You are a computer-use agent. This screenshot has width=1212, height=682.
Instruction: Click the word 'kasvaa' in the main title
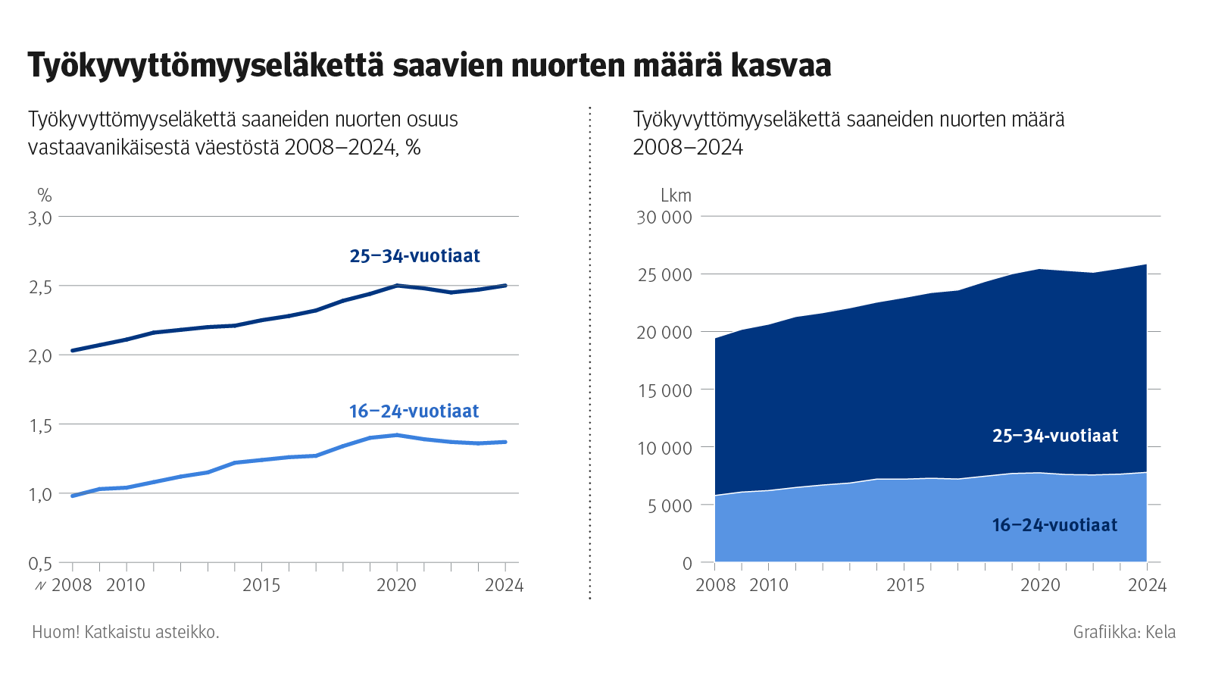pos(781,66)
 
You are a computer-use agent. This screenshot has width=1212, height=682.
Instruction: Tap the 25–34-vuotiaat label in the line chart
pos(414,256)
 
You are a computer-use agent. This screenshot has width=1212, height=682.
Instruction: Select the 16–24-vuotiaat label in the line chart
pos(414,411)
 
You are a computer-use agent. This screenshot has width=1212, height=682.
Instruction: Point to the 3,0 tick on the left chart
pos(40,218)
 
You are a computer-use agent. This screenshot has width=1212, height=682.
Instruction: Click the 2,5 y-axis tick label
pos(40,287)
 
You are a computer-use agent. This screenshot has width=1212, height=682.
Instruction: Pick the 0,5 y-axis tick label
pos(40,564)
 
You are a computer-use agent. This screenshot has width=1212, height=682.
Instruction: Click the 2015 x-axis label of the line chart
pos(261,585)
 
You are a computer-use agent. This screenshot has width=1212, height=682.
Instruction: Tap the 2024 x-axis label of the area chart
pos(1147,585)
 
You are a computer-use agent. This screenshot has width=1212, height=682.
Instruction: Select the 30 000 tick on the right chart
pos(664,217)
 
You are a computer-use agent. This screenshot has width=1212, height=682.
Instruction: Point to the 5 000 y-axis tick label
pos(670,506)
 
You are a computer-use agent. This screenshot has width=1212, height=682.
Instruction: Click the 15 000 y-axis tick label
pos(664,391)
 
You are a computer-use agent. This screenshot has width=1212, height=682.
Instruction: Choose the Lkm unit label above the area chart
pos(676,196)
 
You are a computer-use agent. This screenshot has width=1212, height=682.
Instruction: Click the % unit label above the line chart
pos(45,196)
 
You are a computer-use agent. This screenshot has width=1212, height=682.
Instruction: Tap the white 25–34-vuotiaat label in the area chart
pos(1055,436)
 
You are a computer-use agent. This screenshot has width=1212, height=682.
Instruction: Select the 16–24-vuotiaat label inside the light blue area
pos(1054,525)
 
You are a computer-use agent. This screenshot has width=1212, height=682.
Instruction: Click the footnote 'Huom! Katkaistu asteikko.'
pos(126,632)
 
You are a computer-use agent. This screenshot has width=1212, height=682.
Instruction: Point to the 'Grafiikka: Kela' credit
pos(1124,632)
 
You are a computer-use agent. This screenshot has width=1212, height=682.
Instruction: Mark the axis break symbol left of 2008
pos(40,586)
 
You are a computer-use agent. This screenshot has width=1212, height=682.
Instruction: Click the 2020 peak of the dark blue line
pos(397,286)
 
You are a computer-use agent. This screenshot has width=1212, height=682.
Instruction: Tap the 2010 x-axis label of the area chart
pos(769,585)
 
